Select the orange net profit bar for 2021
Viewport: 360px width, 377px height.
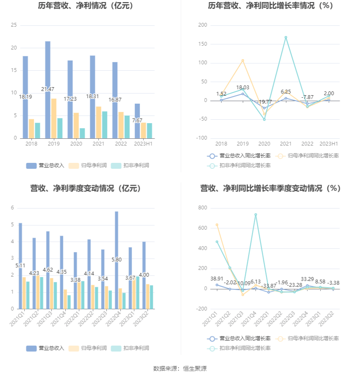(x=99, y=122)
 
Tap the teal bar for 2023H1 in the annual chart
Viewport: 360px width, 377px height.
(x=150, y=131)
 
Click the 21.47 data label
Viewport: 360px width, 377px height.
(x=48, y=89)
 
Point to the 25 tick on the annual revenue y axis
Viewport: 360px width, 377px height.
(x=14, y=25)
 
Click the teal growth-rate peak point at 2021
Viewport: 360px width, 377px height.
(x=286, y=37)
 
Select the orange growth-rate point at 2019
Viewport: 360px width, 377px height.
(x=243, y=61)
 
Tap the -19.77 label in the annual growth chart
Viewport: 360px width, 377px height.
(x=264, y=102)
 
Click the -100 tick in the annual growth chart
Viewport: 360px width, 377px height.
(x=202, y=138)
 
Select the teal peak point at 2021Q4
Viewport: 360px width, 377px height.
(x=255, y=215)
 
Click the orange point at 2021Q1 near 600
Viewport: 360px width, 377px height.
(x=217, y=225)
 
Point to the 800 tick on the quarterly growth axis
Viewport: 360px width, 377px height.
(x=202, y=208)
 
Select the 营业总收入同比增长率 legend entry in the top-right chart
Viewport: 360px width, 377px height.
(x=240, y=156)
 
